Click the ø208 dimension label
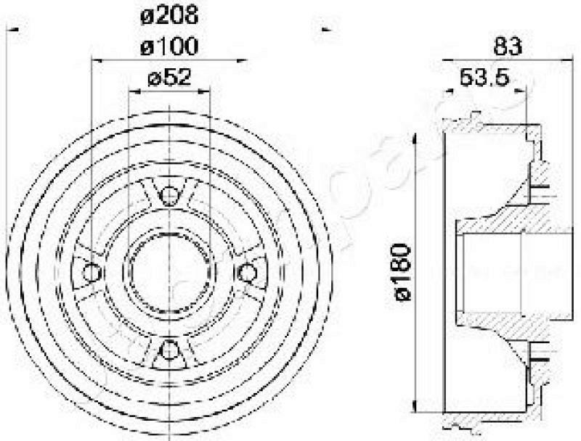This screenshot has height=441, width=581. coord(168,14)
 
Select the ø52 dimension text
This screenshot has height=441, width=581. coord(168,78)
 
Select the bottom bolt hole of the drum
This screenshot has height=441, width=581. coord(169,350)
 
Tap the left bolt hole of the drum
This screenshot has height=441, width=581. coord(92,273)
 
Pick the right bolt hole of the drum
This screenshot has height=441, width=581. coord(248,273)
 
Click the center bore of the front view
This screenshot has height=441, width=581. coord(169,272)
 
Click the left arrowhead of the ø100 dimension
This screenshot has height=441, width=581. coord(95,61)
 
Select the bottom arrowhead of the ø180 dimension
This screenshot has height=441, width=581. coord(415,407)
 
